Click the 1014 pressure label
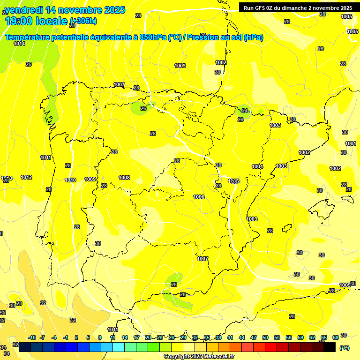[19, 44]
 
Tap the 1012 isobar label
[26, 177]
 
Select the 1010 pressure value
[70, 180]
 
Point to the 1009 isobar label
[90, 179]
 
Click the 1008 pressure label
[124, 178]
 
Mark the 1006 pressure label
[199, 197]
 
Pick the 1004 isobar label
[257, 166]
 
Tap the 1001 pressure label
[351, 143]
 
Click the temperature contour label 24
[245, 111]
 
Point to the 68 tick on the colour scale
[336, 337]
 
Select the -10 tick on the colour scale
[32, 337]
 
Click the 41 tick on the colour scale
[230, 337]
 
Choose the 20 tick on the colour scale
[148, 337]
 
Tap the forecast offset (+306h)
[83, 21]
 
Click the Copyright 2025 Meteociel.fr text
[199, 356]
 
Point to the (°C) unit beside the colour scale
[344, 348]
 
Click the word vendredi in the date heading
[23, 9]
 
